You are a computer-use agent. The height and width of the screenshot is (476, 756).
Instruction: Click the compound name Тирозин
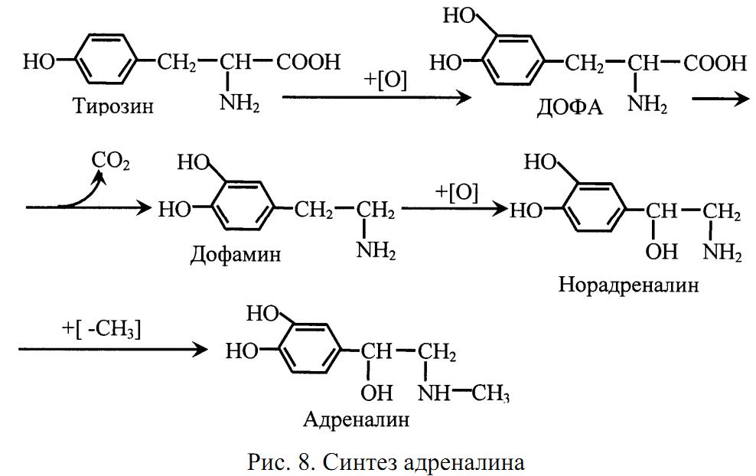coord(113,105)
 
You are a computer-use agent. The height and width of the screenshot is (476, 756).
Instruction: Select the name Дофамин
coord(235,254)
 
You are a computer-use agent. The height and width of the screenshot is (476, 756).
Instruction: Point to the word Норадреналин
coord(629,285)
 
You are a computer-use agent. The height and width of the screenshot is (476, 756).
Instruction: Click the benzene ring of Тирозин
coord(105,62)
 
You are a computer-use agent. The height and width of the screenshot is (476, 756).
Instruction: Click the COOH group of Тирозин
coord(308,62)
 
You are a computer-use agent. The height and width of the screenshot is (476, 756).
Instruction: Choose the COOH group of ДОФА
coord(715,64)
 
